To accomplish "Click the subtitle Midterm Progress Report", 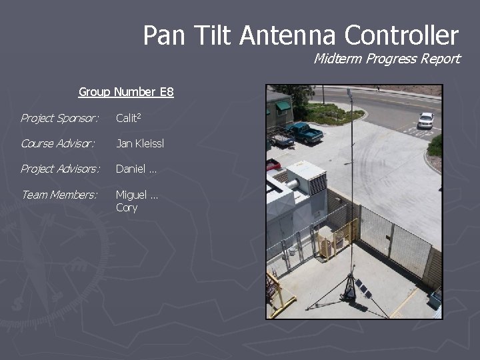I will click(387, 59).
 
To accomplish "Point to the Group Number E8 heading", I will click(126, 92).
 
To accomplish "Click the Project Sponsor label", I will click(59, 119).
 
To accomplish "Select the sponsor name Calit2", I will click(129, 119).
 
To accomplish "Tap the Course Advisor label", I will click(57, 143).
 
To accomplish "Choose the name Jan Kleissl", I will click(140, 143).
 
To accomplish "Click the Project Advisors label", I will click(60, 169).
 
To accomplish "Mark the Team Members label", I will click(59, 195).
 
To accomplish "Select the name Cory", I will click(127, 207).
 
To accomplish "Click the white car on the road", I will click(425, 120).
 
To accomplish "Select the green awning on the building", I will click(283, 105).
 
